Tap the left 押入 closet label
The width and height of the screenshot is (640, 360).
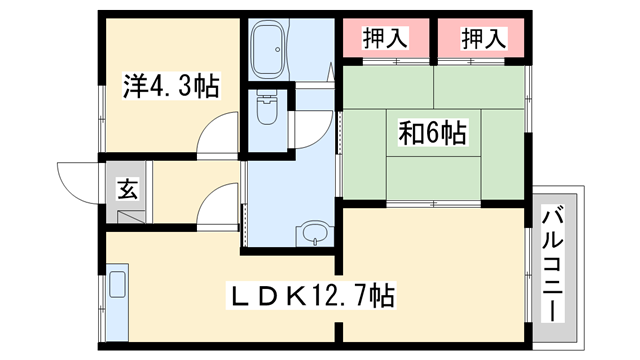[384, 39]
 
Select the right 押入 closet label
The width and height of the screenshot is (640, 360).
[484, 39]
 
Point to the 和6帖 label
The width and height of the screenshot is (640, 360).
[433, 131]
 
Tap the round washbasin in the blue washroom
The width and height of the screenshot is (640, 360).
[314, 236]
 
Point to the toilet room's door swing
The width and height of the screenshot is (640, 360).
[314, 127]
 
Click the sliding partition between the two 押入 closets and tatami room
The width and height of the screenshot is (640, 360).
[432, 61]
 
